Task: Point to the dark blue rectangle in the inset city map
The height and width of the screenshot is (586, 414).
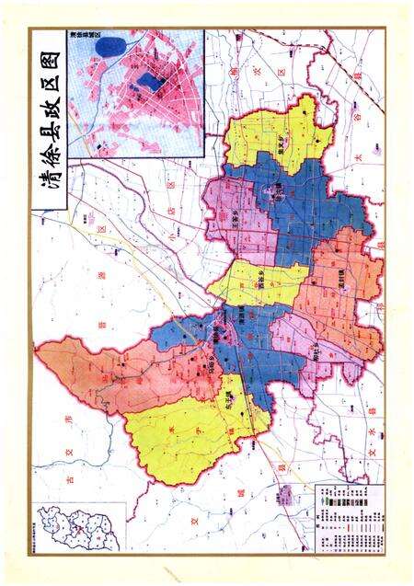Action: coord(153,85)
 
